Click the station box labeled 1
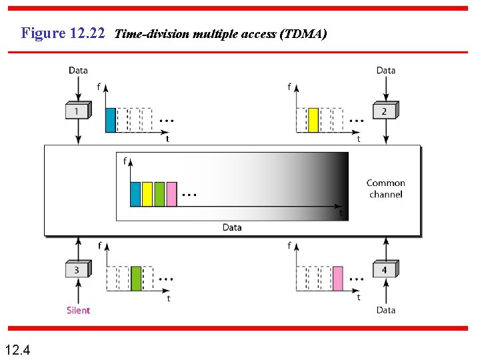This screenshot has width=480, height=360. pos(78,111)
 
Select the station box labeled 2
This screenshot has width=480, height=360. pos(385,111)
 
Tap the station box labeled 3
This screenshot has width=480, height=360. pos(77,270)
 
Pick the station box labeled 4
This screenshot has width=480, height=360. pos(385,270)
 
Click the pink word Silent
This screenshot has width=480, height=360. pos(78,310)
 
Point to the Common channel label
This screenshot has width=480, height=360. pos(385,189)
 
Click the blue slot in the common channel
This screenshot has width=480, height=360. pos(135,193)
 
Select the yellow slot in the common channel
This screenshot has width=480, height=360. pos(147,193)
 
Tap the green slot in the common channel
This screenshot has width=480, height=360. pos(159,193)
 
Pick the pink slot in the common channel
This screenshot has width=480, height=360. pos(171,193)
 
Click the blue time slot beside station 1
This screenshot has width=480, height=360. pos(111,120)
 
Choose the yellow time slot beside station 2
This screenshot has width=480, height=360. pos(313,120)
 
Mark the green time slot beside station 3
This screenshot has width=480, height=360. pos(136,278)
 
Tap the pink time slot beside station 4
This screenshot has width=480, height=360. pos(338,278)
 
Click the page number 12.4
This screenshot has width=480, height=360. pos(17,349)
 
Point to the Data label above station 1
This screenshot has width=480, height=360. pos(78,70)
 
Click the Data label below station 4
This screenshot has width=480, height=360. pos(385,310)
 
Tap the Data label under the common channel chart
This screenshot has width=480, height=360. pos(232,227)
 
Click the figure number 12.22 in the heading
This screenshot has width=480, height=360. pos(87,33)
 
